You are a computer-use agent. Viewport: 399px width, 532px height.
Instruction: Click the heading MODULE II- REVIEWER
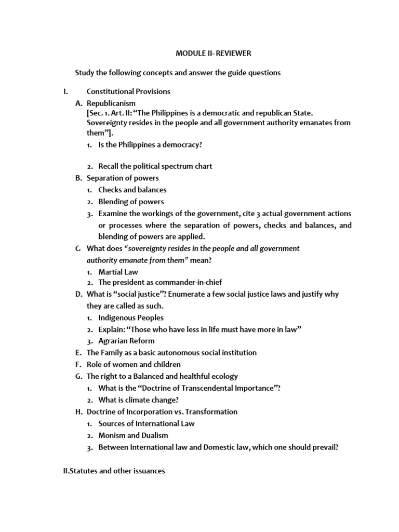click(213, 54)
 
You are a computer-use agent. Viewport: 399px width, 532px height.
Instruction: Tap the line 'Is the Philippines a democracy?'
click(150, 145)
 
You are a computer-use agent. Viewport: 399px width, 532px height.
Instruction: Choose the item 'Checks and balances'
click(132, 190)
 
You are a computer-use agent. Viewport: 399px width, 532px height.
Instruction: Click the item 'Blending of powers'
click(131, 202)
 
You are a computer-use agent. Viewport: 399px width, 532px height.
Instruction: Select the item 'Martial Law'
click(118, 272)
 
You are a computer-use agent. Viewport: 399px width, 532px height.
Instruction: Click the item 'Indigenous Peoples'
click(130, 317)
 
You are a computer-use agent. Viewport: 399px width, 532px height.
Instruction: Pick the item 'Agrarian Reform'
click(126, 341)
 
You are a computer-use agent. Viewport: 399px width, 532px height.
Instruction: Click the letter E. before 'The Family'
click(78, 353)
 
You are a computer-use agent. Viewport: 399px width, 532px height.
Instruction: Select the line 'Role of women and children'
click(134, 365)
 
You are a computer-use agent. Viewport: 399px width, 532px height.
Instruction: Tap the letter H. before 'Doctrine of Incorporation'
click(78, 411)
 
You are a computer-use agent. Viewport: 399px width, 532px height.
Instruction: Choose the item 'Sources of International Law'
click(147, 423)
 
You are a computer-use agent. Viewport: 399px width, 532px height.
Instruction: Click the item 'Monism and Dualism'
click(133, 435)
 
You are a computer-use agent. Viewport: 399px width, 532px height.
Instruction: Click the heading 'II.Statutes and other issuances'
click(113, 471)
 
